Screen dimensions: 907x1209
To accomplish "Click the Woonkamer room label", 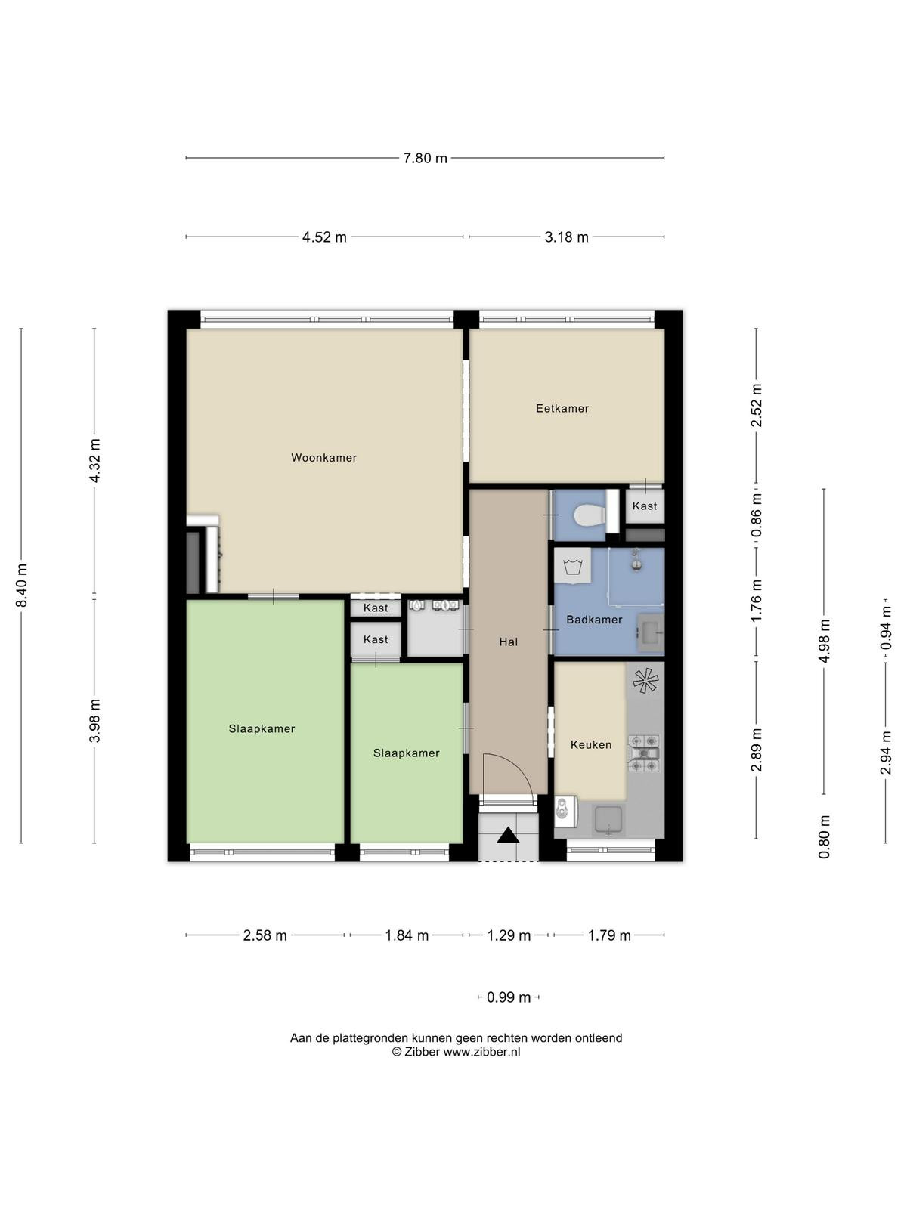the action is point(323,458).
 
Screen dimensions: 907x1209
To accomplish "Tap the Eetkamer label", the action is point(562,408).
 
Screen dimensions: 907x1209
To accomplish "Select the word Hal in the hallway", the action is point(508,642).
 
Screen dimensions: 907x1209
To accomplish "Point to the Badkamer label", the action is point(594,620).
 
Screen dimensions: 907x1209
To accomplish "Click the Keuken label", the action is point(591,745).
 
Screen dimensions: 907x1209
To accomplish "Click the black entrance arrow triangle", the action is point(508,836).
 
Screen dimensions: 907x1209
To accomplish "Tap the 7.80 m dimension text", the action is point(425,159).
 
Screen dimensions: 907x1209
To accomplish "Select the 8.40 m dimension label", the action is point(22,586).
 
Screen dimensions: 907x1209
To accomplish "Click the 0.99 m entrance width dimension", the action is point(508,997).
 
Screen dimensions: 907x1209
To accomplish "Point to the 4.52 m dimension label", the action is point(324,237).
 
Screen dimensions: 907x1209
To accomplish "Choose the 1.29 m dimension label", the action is point(509,935).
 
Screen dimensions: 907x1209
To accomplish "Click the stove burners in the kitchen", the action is point(644,753).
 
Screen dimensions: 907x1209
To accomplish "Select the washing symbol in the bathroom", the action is point(572,566).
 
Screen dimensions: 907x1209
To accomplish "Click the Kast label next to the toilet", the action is point(644,506).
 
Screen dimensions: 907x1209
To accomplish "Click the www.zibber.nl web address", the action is point(482,1052).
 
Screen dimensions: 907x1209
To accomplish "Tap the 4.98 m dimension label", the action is point(825,641).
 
